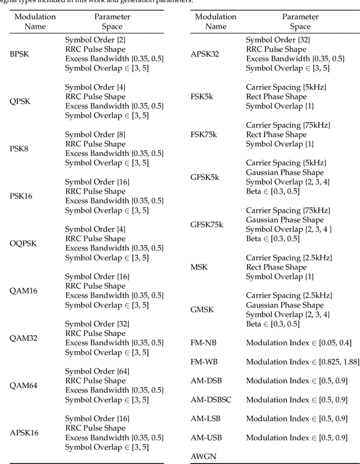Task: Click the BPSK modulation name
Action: point(20,54)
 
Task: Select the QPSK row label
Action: point(20,101)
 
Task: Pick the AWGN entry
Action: point(202,456)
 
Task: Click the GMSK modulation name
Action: point(202,309)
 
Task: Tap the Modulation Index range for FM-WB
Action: point(302,362)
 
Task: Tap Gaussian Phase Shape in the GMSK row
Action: point(285,305)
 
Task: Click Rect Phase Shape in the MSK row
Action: point(276,267)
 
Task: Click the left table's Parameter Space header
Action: point(112,21)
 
